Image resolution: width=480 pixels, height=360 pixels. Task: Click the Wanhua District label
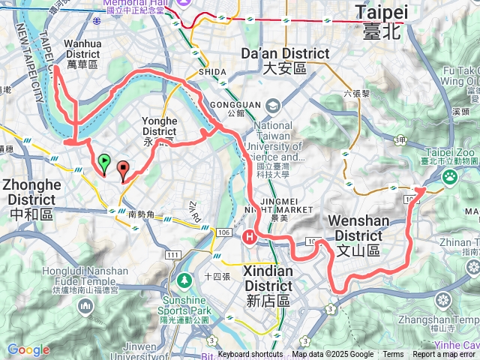(82, 54)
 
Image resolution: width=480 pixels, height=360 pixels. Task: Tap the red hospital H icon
(250, 237)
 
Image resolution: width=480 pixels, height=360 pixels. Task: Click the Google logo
(28, 349)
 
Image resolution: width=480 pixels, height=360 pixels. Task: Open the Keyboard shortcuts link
(250, 355)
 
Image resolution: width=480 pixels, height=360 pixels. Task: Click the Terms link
(393, 355)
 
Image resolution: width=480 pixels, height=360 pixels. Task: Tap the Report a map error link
(445, 355)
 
